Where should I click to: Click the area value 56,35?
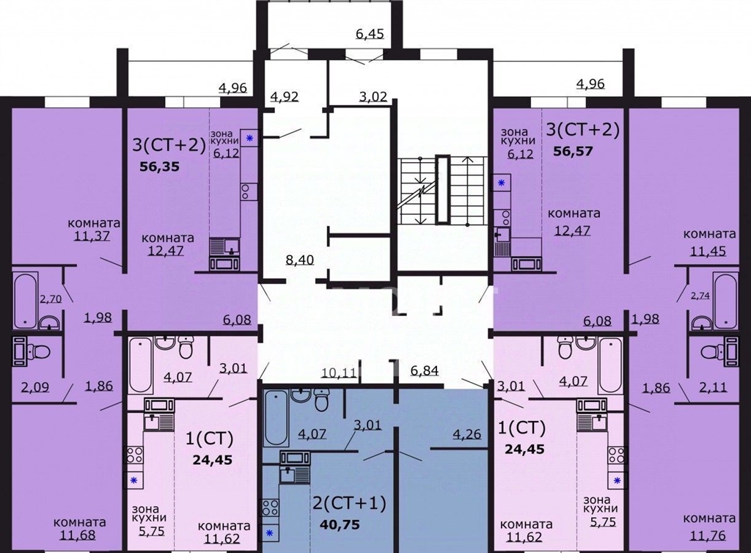(x=159, y=166)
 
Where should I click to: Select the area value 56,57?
(x=574, y=151)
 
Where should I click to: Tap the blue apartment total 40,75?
(x=340, y=524)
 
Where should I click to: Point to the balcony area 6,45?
(x=370, y=34)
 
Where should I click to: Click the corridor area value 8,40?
(x=299, y=260)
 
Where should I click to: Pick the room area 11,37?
(x=92, y=235)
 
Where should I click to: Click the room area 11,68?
(x=78, y=535)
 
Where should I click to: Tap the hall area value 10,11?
(x=339, y=372)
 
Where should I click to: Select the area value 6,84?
(x=425, y=370)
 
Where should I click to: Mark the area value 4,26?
(x=467, y=435)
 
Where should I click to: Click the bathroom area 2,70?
(x=51, y=300)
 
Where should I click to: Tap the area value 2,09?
(x=35, y=387)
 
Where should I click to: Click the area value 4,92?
(x=285, y=97)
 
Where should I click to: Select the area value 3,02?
(x=373, y=97)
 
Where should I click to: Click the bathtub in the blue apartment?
(x=276, y=418)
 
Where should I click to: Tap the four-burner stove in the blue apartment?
(x=269, y=507)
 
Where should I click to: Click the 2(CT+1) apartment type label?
(x=348, y=503)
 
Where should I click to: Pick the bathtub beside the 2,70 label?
(x=25, y=300)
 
